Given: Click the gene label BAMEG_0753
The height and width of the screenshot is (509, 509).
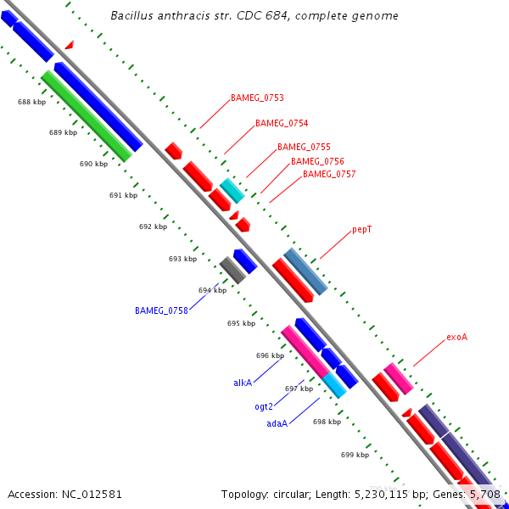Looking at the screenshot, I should point(257,98).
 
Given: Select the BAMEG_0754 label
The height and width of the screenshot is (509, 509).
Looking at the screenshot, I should point(282,124).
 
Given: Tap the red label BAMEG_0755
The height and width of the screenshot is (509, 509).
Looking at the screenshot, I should point(304,148).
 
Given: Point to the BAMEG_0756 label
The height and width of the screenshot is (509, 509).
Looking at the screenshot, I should point(317,161).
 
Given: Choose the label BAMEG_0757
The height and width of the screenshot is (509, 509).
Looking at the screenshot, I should point(329,175).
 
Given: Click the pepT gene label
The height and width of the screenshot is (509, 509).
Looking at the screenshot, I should point(362,230).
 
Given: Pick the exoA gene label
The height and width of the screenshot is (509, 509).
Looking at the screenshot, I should point(457,338).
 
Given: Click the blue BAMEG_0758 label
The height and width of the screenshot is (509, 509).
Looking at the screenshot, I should point(161,311).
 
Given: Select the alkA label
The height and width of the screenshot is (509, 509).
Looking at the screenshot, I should point(243,383).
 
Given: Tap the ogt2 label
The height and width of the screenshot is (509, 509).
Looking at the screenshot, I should point(264,407).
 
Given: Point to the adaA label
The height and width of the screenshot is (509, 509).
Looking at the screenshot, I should point(277,423).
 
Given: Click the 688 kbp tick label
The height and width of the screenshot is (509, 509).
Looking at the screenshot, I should point(32,103).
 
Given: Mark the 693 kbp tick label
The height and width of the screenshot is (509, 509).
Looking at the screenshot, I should point(182,260).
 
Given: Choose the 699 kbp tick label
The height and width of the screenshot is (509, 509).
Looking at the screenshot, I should point(355,456).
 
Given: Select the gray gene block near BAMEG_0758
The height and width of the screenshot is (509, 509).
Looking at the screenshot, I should point(232,270).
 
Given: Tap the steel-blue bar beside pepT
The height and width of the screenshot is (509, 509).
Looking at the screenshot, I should point(305,271).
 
